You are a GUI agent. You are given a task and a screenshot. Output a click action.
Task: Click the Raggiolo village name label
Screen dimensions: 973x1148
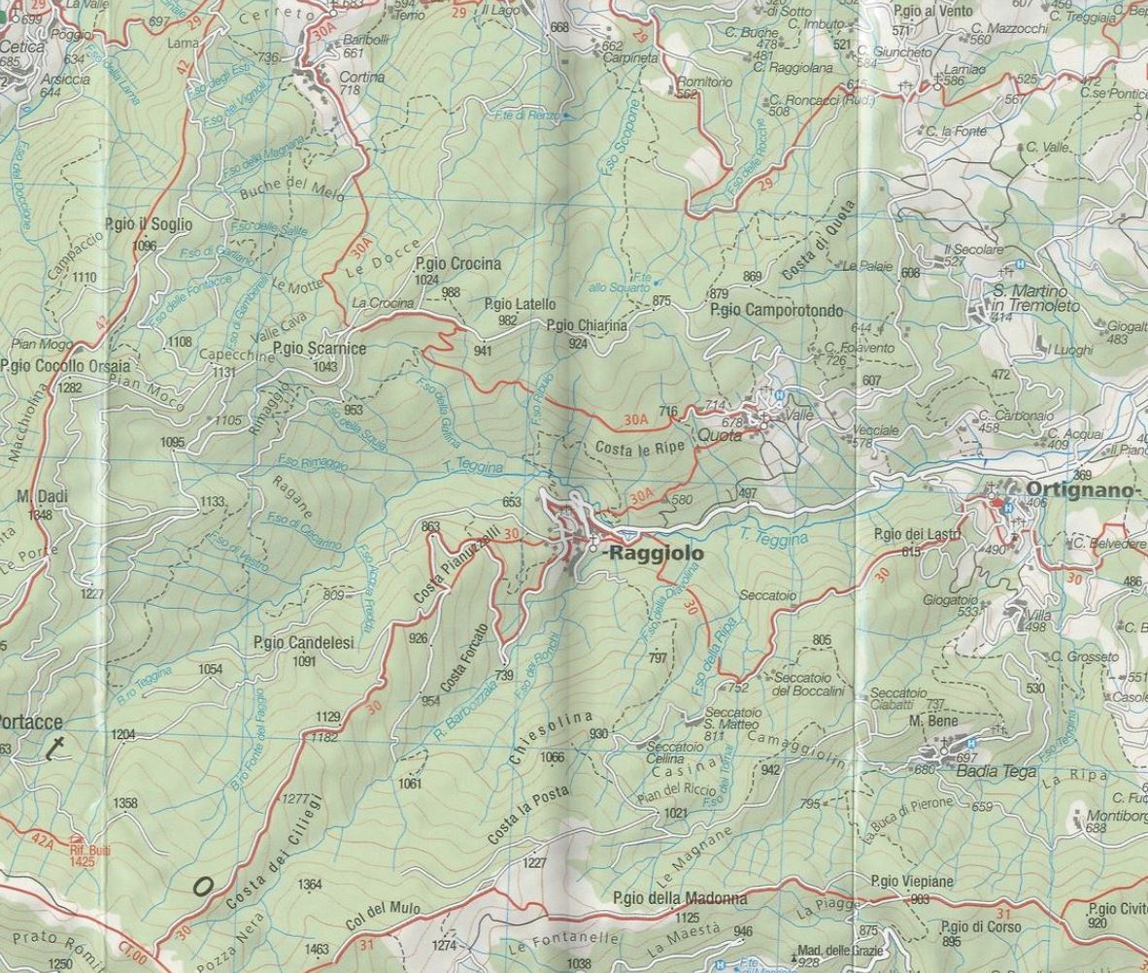654,554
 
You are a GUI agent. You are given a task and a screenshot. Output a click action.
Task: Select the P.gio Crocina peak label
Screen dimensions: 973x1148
457,264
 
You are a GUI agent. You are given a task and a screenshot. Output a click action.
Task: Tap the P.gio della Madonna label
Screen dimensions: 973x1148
680,898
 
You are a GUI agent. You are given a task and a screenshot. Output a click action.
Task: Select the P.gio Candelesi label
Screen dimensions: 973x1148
303,642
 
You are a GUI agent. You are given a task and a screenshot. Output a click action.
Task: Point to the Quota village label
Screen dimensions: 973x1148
720,436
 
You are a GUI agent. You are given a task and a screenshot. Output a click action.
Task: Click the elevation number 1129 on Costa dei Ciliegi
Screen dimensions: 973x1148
328,717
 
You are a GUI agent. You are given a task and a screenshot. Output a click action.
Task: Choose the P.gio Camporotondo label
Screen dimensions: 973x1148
776,311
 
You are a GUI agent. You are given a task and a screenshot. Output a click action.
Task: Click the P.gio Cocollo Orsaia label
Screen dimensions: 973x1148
65,367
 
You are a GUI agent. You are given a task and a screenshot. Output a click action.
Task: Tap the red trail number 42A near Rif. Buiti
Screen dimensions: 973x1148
42,836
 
